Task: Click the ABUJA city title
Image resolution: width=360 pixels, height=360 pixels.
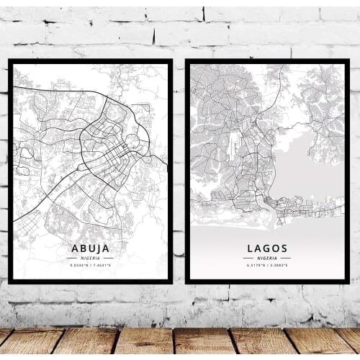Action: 91,248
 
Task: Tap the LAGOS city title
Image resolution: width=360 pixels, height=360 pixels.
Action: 266,248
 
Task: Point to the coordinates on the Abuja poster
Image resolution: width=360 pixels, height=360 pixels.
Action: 91,266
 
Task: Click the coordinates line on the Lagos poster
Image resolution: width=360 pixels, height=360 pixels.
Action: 266,266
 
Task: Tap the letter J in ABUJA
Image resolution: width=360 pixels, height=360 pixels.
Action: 99,248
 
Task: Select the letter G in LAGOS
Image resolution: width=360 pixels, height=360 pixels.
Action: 266,248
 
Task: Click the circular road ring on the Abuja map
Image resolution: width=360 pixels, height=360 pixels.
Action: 134,143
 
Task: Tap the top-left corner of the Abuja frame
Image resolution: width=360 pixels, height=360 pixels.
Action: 9,61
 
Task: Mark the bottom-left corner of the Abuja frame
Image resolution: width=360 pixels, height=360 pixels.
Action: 9,282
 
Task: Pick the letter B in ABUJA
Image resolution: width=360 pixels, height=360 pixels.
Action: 81,248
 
